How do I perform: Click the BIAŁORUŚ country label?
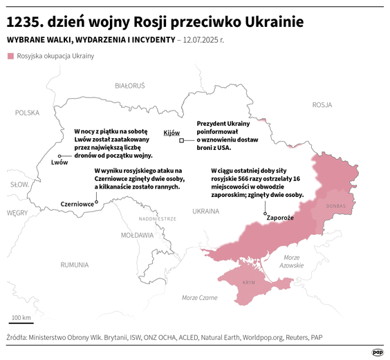[x=129, y=86]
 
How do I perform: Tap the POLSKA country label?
[x=28, y=113]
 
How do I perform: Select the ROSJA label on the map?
[x=322, y=105]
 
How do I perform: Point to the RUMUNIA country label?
[x=74, y=265]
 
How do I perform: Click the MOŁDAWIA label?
[x=137, y=235]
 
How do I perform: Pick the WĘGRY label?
[x=17, y=214]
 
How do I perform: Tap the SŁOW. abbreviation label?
[x=19, y=184]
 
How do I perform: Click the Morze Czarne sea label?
[x=200, y=297]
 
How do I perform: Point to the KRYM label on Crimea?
[x=249, y=283]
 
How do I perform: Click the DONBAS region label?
[x=335, y=205]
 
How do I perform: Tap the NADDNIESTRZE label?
[x=158, y=218]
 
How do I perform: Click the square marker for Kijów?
[x=182, y=140]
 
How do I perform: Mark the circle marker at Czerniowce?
[x=96, y=202]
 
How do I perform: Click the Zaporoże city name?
[x=280, y=217]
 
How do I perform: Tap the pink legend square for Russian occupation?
[x=10, y=55]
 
